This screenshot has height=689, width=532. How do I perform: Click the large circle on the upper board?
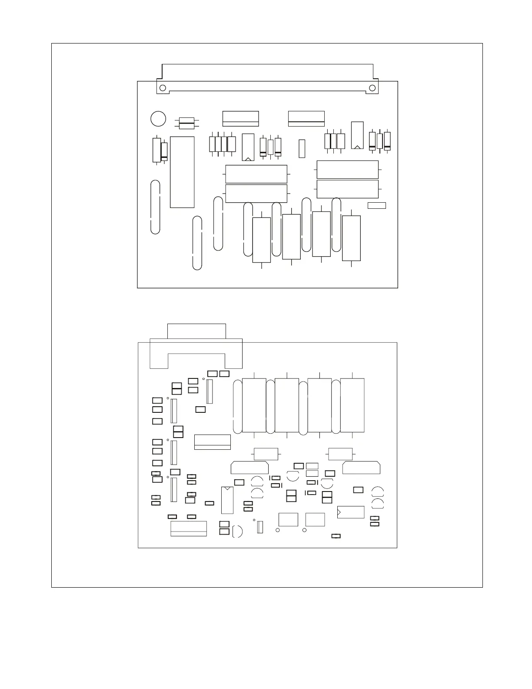click(x=158, y=119)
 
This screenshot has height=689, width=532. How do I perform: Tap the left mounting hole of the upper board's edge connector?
click(x=163, y=88)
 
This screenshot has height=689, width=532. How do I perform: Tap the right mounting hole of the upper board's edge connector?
click(x=372, y=88)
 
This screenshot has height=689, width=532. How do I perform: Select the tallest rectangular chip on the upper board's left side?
click(x=182, y=172)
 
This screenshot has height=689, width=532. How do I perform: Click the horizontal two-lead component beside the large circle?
click(x=187, y=123)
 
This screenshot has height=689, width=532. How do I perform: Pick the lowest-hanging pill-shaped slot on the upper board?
click(x=197, y=243)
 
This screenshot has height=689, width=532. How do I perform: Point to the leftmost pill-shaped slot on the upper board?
click(x=155, y=207)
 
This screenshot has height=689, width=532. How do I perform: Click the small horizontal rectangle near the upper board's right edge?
click(x=376, y=205)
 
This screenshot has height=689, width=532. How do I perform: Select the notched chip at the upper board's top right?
click(x=357, y=135)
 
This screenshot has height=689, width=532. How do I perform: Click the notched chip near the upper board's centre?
click(x=248, y=147)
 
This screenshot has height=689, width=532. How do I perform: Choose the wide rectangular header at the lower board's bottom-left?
click(x=189, y=528)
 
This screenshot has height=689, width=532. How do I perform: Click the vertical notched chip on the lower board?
click(x=227, y=500)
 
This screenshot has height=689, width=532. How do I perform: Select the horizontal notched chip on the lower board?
click(x=351, y=512)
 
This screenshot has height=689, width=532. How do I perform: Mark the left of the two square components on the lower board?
click(x=288, y=519)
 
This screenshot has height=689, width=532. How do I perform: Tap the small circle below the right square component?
click(x=304, y=530)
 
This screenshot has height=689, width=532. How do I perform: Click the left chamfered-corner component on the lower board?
click(x=249, y=468)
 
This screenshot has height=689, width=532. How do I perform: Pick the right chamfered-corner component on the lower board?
click(x=361, y=468)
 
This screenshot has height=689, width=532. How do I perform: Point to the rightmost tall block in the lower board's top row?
click(x=352, y=405)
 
